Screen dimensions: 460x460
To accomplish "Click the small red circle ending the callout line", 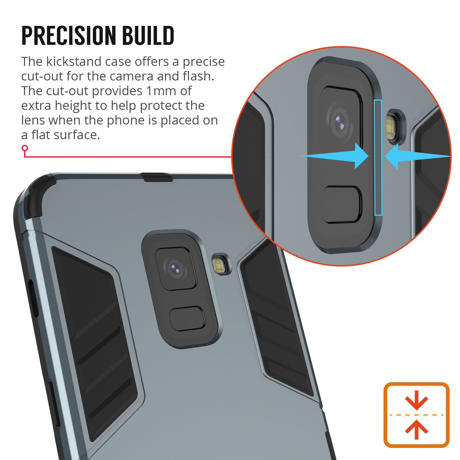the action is point(25,148).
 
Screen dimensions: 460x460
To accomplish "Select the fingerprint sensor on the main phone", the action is point(187,319).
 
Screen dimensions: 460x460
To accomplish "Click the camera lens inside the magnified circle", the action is point(339,121).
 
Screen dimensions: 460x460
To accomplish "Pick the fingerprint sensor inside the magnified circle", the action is point(342,204).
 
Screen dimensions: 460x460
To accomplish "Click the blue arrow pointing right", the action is point(334,156).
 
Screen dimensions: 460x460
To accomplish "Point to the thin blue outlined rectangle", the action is point(378,158).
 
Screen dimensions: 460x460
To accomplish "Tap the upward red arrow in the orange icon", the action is point(417,430).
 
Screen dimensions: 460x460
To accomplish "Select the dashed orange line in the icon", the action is point(417,415).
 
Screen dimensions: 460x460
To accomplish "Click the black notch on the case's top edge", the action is point(157,177).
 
